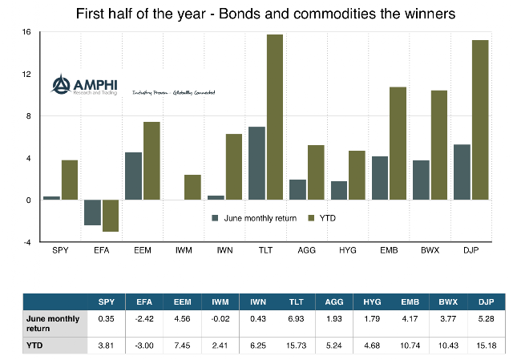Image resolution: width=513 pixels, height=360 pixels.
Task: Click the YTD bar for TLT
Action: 275,117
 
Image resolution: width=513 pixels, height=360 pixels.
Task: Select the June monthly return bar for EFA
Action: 92,212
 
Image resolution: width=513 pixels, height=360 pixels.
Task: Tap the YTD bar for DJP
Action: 480,120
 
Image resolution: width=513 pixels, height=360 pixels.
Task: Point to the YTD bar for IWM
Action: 192,188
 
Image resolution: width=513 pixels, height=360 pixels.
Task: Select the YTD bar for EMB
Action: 398,144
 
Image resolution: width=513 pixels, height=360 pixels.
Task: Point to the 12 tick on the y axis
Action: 26,75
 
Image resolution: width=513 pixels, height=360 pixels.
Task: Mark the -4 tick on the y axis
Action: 26,241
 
